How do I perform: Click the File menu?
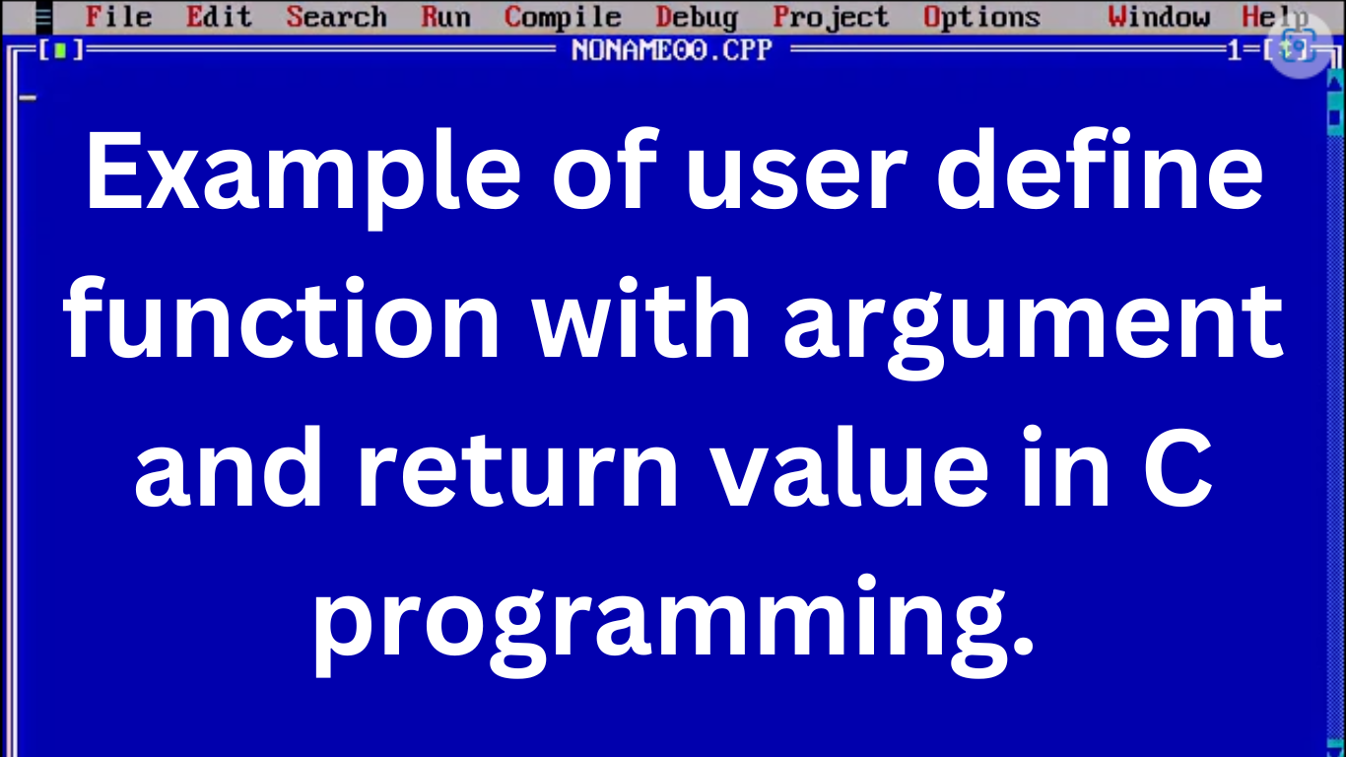[x=118, y=18]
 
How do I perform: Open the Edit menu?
[x=219, y=18]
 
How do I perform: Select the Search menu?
[x=336, y=18]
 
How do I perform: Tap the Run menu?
[x=445, y=18]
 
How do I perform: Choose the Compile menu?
[x=563, y=18]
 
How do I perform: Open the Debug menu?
[x=696, y=18]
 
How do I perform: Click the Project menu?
[x=831, y=18]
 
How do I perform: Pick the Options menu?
[x=981, y=18]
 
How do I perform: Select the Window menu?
[x=1158, y=18]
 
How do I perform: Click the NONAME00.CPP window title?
[x=672, y=49]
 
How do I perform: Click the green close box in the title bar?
[x=59, y=50]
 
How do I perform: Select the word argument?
[x=1034, y=325]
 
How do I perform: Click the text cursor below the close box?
[x=28, y=97]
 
